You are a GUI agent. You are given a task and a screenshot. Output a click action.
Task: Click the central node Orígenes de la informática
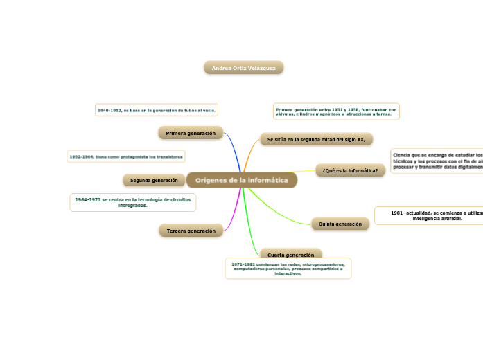241,180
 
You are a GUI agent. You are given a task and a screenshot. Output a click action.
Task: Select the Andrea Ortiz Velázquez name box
243,68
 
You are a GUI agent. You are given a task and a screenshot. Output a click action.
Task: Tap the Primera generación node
191,133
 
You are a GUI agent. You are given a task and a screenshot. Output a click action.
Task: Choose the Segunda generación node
154,181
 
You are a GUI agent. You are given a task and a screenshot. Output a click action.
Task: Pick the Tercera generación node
191,231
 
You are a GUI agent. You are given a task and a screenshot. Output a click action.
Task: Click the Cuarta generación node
290,254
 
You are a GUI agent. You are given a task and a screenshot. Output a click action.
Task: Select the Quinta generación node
340,224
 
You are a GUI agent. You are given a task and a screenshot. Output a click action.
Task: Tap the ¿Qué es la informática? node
350,170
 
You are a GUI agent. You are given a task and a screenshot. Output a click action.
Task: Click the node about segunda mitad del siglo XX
316,139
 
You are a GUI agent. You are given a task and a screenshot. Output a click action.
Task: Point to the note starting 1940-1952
157,110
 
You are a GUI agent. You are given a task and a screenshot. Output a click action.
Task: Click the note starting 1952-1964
126,157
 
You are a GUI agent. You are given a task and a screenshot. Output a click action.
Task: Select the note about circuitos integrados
132,202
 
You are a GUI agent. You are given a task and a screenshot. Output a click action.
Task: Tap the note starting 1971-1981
288,269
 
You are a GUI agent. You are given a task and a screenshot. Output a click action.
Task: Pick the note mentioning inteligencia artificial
428,215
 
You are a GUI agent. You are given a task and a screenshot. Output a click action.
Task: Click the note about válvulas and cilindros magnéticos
336,111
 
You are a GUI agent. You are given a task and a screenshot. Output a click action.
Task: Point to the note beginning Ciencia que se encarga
437,161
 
